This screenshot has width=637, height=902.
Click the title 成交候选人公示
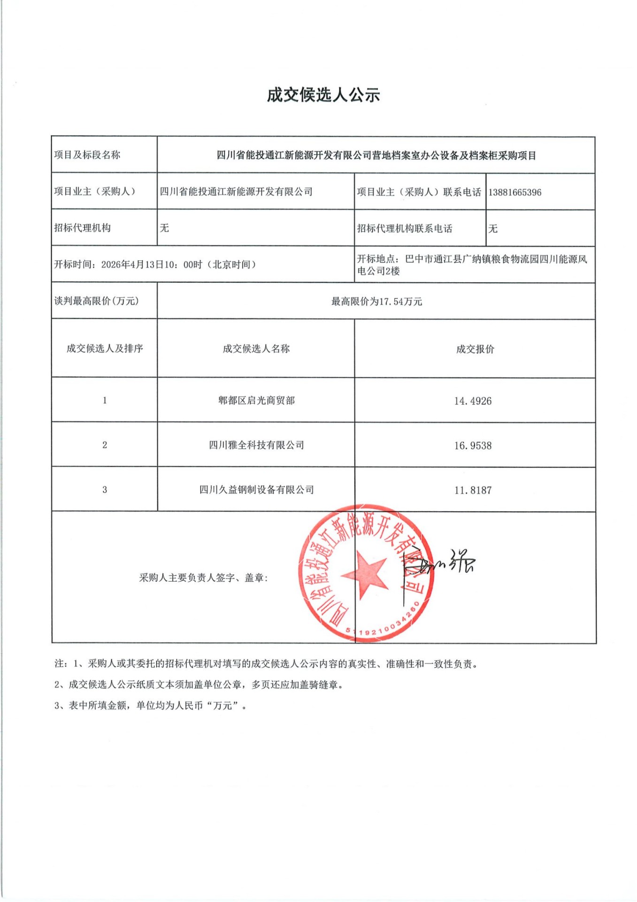[323, 95]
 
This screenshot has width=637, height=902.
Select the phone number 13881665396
[514, 193]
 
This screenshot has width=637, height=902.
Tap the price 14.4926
[473, 401]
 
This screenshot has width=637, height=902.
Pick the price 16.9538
[473, 446]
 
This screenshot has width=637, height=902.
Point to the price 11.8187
[473, 490]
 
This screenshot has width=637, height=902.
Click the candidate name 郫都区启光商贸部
[256, 401]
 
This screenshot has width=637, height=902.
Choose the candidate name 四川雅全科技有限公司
[256, 445]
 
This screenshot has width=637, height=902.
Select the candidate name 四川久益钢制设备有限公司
[256, 490]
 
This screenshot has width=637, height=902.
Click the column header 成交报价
[475, 349]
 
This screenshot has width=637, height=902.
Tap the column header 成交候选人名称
[256, 349]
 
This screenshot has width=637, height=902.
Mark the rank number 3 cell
[105, 490]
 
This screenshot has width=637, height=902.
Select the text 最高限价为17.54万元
[376, 302]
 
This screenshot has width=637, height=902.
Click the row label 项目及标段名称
[87, 155]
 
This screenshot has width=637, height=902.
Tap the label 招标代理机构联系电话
[405, 229]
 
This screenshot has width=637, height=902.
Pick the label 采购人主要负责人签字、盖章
[203, 578]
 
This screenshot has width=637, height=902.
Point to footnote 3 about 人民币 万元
[150, 706]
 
